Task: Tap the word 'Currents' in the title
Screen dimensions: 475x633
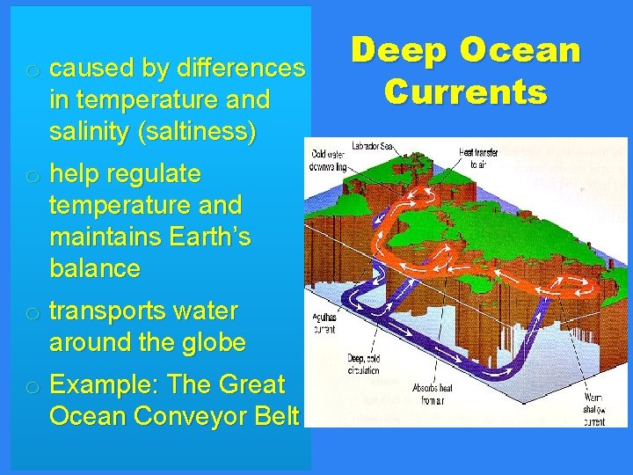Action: tap(465, 91)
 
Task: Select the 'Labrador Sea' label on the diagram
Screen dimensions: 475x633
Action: tap(372, 146)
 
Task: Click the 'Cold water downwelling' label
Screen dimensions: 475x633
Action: tap(330, 161)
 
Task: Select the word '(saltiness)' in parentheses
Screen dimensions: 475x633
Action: tap(195, 133)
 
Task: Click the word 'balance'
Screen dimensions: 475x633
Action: tap(94, 268)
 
